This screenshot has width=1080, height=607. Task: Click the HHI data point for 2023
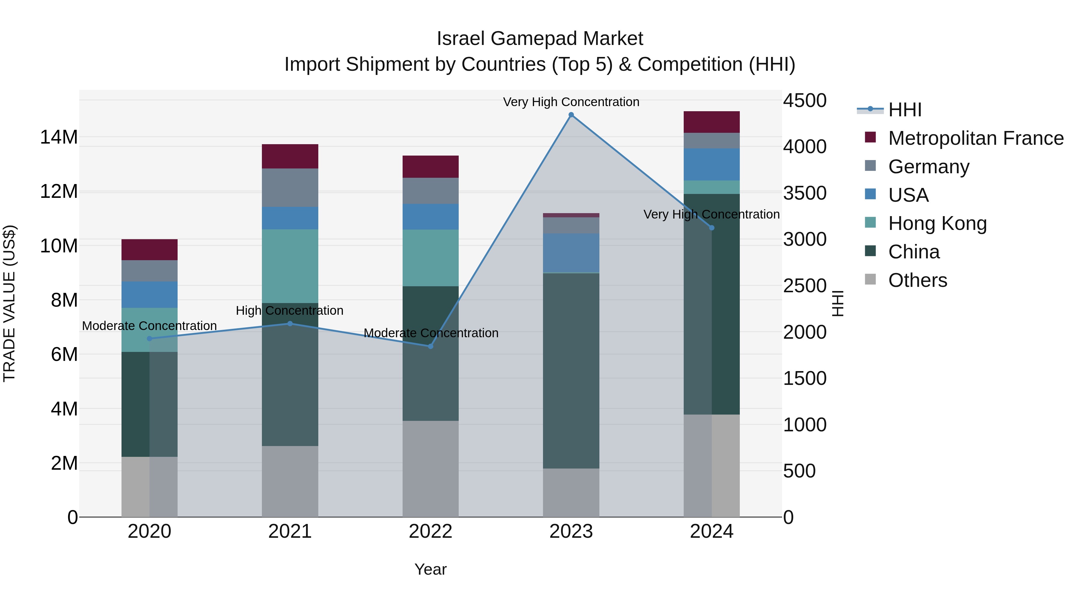coord(571,115)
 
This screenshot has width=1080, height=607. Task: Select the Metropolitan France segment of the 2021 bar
coord(290,156)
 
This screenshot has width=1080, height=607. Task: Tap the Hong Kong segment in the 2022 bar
coord(430,257)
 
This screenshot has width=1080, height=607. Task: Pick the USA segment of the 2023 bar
coord(571,253)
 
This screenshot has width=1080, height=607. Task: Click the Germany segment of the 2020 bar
coord(149,271)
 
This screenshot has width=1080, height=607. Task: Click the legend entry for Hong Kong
coord(937,223)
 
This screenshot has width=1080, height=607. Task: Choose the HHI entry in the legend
coord(904,110)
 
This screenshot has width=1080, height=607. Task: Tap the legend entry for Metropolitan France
coord(975,138)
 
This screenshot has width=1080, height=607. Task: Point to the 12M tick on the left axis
coord(59,192)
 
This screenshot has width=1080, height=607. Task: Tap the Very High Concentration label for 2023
coord(571,102)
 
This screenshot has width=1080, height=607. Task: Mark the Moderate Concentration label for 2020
coord(149,326)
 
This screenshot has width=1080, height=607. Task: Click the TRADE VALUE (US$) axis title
coord(9,303)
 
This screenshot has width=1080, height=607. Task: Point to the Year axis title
coord(430,569)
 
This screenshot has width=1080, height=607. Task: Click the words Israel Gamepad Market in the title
coord(540,39)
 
